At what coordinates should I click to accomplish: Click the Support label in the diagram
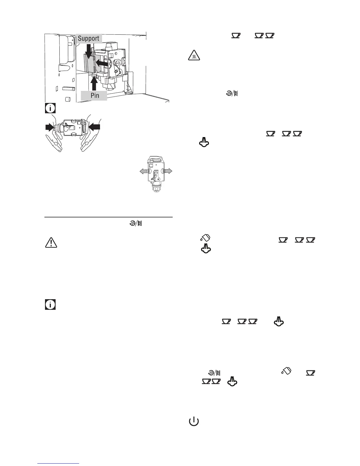click(x=89, y=39)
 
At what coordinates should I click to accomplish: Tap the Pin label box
click(x=95, y=95)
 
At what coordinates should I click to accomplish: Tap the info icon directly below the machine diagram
click(x=50, y=108)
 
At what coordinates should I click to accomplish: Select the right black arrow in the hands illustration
click(x=94, y=127)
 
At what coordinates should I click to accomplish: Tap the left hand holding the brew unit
click(x=55, y=141)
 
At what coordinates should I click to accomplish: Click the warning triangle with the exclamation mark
click(x=51, y=242)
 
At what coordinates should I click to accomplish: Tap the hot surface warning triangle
click(x=194, y=56)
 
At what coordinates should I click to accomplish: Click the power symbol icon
click(x=194, y=422)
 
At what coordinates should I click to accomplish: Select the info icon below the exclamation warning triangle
click(x=50, y=305)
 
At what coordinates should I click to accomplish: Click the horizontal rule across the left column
click(x=108, y=217)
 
